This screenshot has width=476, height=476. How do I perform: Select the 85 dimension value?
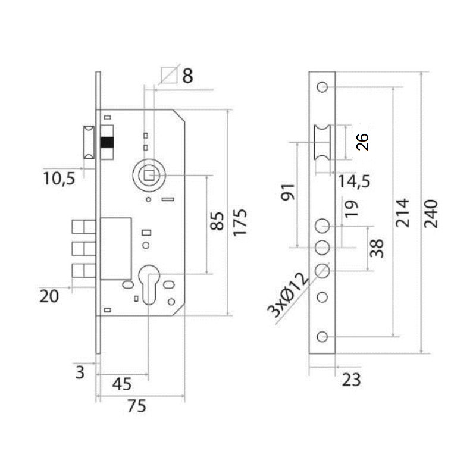point(218,221)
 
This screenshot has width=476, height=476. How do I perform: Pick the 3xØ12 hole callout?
point(288,295)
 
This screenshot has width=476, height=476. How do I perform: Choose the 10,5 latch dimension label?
point(59,177)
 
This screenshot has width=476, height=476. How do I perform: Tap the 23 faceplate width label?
point(352,380)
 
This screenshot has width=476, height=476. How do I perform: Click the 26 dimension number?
point(362,142)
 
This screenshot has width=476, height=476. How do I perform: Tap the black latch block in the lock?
point(107,143)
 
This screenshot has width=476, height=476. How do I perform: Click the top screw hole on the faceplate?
point(322,87)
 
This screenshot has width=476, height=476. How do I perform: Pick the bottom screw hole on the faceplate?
point(322,337)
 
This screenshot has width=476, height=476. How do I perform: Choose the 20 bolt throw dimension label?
point(50,296)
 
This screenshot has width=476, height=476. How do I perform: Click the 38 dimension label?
point(376,248)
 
